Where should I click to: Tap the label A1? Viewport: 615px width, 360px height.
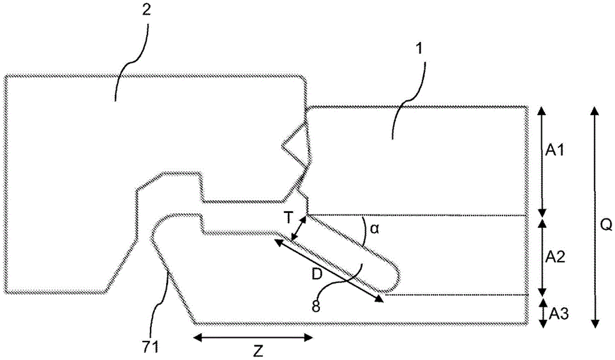click(x=555, y=150)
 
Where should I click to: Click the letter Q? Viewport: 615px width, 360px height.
click(x=605, y=226)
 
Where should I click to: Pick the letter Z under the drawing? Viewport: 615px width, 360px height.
click(x=258, y=351)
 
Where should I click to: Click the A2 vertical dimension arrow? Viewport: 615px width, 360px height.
click(x=541, y=256)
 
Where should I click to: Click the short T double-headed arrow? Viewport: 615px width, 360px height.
click(x=298, y=230)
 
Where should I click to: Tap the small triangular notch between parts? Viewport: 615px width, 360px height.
click(x=296, y=145)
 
